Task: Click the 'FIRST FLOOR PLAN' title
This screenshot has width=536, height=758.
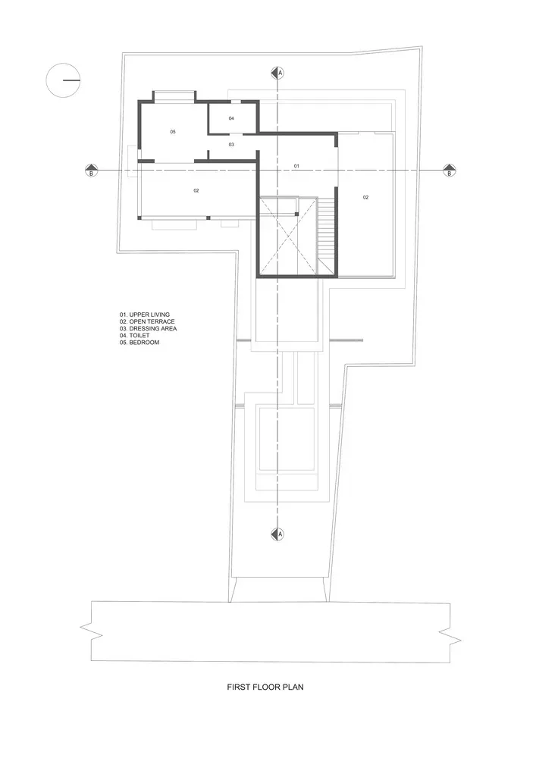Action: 265,687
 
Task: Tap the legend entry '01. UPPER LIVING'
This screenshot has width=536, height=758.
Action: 145,315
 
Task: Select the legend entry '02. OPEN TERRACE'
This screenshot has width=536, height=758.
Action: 147,321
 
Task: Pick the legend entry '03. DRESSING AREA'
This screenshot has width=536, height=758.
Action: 149,329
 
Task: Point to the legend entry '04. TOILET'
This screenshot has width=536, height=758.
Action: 135,336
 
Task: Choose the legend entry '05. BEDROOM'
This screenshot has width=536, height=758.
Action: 139,343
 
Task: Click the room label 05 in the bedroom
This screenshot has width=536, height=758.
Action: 173,131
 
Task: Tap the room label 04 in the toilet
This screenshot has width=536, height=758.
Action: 231,118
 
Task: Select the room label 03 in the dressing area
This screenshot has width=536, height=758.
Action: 231,145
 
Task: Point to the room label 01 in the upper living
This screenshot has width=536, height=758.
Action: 296,166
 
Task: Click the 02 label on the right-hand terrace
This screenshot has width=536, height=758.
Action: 366,197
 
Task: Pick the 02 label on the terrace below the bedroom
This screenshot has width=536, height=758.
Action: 196,190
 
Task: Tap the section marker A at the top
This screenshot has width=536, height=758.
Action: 277,73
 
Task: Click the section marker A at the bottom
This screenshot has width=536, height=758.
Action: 277,534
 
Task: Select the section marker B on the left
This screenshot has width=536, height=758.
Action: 91,170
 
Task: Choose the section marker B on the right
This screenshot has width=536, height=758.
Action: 449,170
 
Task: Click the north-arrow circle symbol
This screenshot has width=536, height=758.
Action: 64,80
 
